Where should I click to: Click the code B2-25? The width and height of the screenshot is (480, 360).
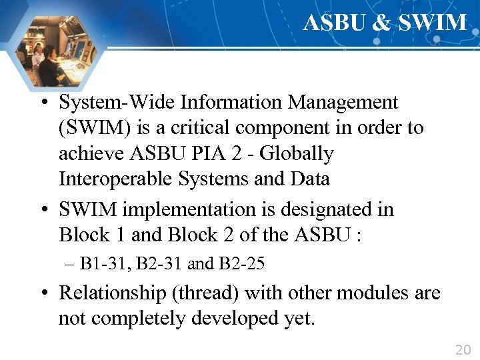(241, 264)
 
